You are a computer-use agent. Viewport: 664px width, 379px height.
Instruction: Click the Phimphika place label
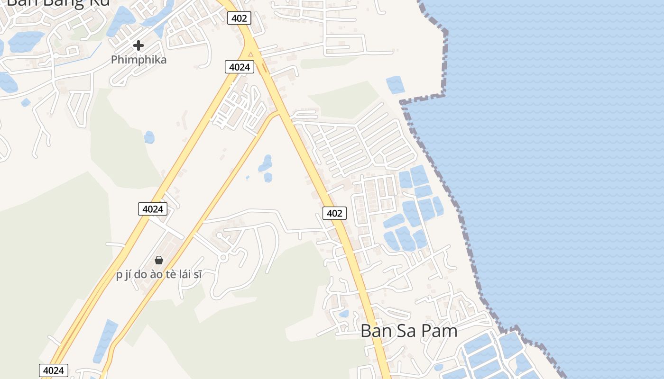pyautogui.click(x=138, y=60)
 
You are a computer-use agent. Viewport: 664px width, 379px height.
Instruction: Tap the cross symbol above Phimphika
pyautogui.click(x=138, y=45)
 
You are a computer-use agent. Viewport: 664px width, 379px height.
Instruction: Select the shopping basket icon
pyautogui.click(x=159, y=260)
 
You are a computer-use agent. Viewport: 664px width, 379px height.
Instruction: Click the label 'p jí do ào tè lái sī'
pyautogui.click(x=159, y=275)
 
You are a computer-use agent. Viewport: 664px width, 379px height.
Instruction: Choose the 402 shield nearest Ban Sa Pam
pyautogui.click(x=334, y=213)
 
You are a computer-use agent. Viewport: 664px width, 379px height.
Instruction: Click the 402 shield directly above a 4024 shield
pyautogui.click(x=239, y=18)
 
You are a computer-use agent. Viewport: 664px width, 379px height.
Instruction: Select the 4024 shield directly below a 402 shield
pyautogui.click(x=239, y=67)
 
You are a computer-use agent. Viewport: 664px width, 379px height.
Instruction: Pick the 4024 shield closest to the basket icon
pyautogui.click(x=153, y=208)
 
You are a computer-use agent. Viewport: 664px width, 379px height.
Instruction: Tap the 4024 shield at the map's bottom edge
pyautogui.click(x=53, y=370)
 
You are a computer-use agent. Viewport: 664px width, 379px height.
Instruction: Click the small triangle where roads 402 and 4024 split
pyautogui.click(x=250, y=54)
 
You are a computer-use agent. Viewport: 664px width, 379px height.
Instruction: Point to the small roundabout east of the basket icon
pyautogui.click(x=223, y=258)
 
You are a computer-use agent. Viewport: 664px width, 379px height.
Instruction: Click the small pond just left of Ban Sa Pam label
pyautogui.click(x=344, y=313)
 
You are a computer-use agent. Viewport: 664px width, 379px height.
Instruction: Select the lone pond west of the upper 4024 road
pyautogui.click(x=149, y=137)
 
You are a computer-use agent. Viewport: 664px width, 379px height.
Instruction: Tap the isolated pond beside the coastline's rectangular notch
pyautogui.click(x=395, y=85)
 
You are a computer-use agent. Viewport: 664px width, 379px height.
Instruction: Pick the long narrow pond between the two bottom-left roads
pyautogui.click(x=105, y=341)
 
